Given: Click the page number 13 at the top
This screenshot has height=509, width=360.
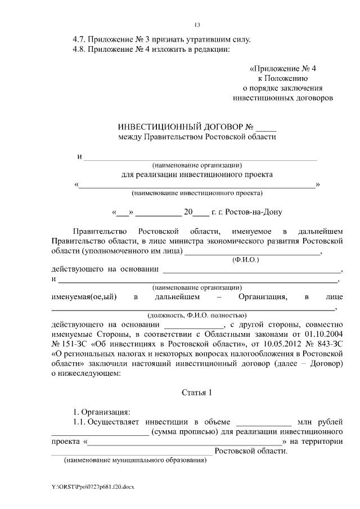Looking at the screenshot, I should [197, 25].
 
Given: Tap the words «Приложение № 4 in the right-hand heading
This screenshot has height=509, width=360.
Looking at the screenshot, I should [279, 69].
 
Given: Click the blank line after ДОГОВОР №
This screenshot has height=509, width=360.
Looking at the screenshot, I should [267, 127].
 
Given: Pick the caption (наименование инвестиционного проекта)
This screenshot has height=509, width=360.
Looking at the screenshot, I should [197, 193].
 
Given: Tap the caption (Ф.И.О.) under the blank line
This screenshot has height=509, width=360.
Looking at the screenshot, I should [245, 260].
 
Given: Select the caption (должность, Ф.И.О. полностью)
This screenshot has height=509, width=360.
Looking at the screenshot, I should [197, 316].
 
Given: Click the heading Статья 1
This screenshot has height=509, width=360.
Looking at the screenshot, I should [197, 392].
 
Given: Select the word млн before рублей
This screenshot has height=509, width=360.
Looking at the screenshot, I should [305, 422].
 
